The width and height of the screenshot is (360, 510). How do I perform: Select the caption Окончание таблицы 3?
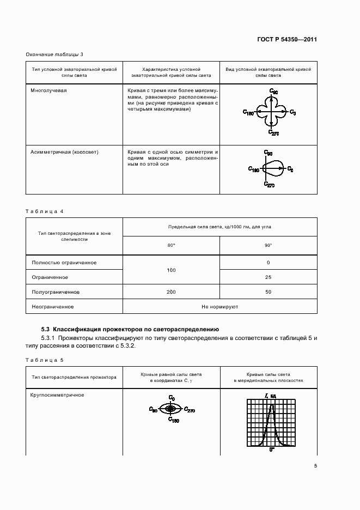54,54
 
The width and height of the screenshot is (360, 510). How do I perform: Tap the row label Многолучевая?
49,90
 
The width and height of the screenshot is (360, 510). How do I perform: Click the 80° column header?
171,245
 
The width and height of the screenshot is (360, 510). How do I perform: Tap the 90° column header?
268,245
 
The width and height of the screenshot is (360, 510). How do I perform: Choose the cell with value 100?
171,270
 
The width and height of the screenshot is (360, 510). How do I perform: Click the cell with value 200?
171,293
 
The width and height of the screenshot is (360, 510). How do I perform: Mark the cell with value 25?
268,278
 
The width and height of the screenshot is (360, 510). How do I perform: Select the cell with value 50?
268,293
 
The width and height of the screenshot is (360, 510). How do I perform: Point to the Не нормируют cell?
219,307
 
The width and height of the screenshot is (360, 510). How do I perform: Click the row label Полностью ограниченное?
64,263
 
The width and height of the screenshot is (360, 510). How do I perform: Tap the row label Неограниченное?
53,307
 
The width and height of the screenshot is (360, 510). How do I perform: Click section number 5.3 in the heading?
46,329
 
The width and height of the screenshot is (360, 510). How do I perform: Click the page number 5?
315,465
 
